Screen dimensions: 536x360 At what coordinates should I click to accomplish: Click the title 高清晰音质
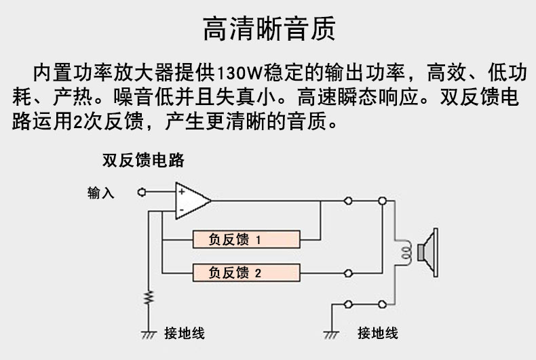pos(269,28)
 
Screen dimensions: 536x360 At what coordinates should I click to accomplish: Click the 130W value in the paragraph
pos(240,73)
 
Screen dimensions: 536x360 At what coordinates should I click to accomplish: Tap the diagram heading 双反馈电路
pos(143,160)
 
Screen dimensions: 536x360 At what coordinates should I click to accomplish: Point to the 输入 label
pos(100,193)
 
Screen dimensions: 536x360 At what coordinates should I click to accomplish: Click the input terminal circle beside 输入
pos(142,193)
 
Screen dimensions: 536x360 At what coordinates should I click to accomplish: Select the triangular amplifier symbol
pos(192,201)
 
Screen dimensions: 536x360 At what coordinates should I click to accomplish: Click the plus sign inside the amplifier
pos(182,192)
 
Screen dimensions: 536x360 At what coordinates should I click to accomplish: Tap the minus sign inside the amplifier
pos(182,209)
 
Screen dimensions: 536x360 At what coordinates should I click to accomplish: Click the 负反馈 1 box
pos(246,239)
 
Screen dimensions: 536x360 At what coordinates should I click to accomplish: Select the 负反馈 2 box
pos(246,273)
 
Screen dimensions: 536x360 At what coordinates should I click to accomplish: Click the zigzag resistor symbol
pos(149,298)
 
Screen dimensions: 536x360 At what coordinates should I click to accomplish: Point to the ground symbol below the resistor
pos(149,335)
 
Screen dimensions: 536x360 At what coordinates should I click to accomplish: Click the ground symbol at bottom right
pos(331,335)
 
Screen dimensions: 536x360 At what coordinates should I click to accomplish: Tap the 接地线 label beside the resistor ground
pos(185,333)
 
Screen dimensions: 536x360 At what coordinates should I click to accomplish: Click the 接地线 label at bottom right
pos(378,333)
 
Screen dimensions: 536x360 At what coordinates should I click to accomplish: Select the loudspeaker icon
pos(427,253)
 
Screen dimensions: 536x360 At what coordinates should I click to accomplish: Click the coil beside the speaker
pos(406,253)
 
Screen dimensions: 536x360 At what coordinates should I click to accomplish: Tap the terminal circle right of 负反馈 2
pos(348,273)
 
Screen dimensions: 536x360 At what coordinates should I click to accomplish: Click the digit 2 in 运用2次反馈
pos(77,121)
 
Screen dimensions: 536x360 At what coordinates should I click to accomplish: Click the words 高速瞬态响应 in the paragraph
pos(358,97)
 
